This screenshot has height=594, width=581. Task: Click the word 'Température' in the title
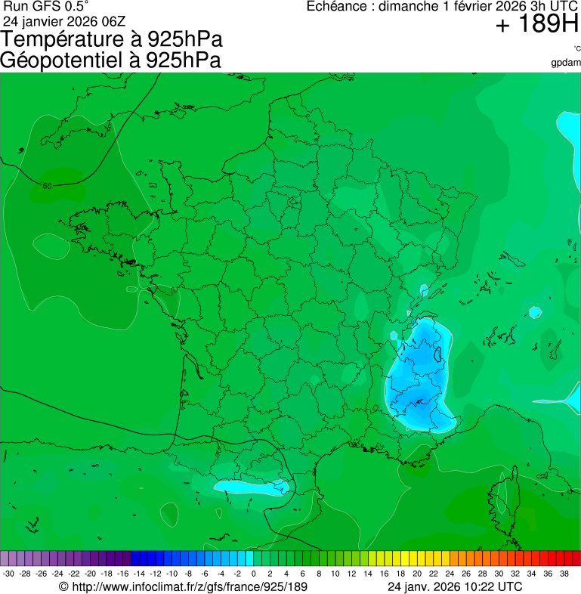point(72,40)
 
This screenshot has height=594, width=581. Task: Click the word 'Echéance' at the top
point(337,7)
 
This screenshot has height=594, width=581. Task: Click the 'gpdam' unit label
point(566,62)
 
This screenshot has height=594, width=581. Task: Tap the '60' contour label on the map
point(47,186)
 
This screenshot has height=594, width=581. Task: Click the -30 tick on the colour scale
point(8,574)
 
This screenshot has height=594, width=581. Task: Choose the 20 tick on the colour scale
point(416,574)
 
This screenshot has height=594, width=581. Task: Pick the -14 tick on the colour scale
point(139,574)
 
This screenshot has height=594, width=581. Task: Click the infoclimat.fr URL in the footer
point(189,586)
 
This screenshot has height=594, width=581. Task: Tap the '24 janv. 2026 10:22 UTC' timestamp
point(453,586)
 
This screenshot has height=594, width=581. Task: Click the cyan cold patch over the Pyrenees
point(249,487)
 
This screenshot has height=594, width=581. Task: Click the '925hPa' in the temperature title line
point(184,40)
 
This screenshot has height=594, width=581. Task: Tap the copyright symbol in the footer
point(63,586)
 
